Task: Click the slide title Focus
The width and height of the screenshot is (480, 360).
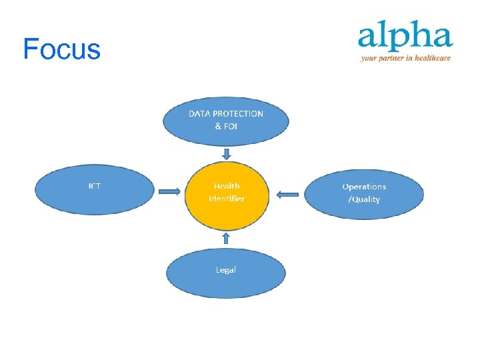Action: [61, 49]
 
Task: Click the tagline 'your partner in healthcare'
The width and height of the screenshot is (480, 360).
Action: [405, 58]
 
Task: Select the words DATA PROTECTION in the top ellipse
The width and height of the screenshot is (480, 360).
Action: [226, 114]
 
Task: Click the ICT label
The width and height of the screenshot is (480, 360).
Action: [95, 186]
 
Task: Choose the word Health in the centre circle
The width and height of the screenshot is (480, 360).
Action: [227, 186]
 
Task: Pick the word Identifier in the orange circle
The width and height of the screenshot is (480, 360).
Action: [227, 199]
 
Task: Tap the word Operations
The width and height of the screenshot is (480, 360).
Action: [364, 187]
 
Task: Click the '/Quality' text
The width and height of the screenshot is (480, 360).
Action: [364, 199]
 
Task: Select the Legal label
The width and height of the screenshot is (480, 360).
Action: [226, 270]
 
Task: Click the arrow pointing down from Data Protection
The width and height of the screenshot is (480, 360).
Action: [227, 155]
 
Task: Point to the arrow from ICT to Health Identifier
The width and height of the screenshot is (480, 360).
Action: [169, 193]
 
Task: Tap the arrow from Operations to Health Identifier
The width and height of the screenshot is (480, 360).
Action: [287, 194]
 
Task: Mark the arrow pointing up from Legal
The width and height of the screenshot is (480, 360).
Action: [226, 238]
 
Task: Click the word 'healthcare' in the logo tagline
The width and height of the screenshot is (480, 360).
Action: [433, 58]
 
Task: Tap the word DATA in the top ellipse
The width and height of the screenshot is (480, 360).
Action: [198, 114]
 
